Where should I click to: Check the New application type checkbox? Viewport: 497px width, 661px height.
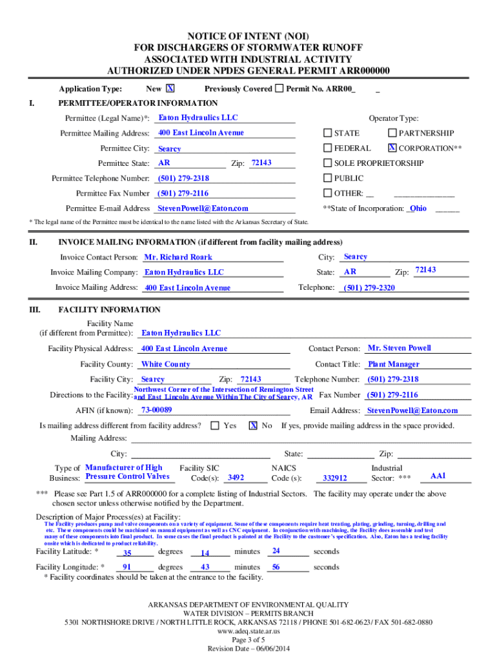(170, 88)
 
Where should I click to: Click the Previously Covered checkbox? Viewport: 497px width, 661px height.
(279, 88)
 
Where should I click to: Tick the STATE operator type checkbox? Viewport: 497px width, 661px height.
(327, 133)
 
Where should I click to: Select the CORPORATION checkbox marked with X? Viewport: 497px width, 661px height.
(392, 148)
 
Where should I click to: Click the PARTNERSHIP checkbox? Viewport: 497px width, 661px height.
(392, 133)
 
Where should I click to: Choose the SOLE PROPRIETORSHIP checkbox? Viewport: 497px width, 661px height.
(327, 163)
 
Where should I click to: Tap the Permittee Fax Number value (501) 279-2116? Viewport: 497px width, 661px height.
(183, 193)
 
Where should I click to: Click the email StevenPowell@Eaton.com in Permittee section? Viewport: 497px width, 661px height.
(203, 208)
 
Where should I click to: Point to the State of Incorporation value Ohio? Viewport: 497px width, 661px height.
(418, 208)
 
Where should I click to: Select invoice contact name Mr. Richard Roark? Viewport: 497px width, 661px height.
(178, 257)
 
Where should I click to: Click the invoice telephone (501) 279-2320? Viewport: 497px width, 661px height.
(369, 288)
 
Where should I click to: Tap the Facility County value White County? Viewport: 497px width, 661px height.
(166, 364)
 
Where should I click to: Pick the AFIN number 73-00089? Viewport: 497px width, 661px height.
(157, 410)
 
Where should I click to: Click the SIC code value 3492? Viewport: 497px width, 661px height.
(236, 478)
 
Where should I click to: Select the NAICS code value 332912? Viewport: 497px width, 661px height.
(335, 478)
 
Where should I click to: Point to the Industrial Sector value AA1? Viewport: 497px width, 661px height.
(438, 476)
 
